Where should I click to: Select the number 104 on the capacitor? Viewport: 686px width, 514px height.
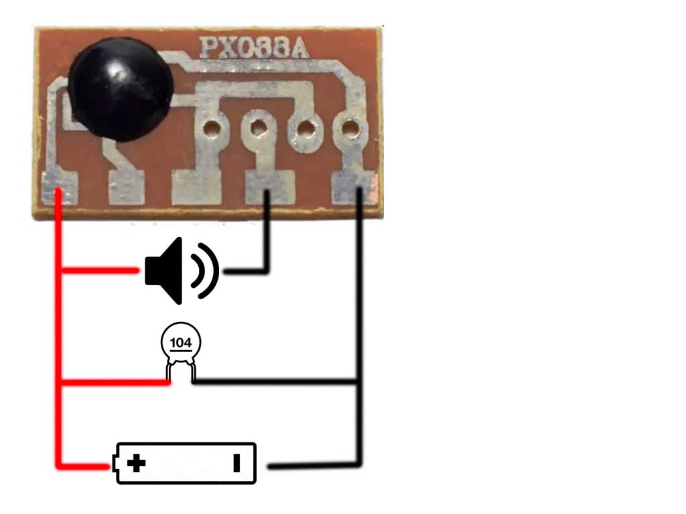[180, 343]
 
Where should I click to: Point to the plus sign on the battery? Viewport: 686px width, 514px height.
[137, 462]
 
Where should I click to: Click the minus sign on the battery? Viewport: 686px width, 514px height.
[236, 462]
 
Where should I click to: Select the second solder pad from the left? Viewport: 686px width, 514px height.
[126, 187]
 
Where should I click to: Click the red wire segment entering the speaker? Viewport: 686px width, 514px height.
[100, 271]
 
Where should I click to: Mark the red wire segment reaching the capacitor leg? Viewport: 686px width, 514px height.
[114, 382]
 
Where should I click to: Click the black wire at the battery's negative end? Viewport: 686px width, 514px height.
[315, 464]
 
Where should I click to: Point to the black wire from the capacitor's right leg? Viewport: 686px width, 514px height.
[275, 382]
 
